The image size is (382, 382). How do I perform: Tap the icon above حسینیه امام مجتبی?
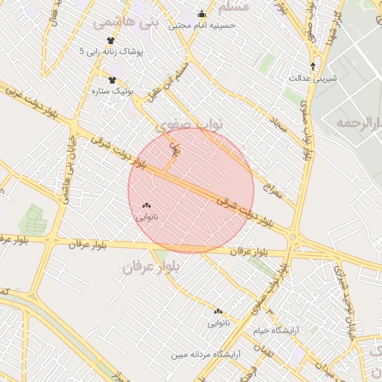[201, 13]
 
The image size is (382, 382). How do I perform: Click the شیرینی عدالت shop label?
[310, 77]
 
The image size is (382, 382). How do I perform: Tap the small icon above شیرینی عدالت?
[313, 66]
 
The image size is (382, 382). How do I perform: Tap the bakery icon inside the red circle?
[145, 205]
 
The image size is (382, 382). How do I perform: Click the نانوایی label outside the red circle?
[219, 323]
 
